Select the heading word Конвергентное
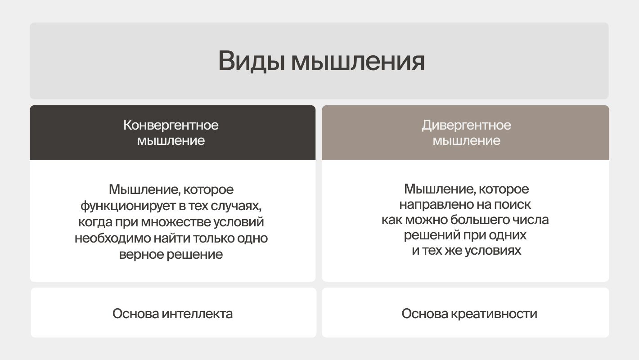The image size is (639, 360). (171, 125)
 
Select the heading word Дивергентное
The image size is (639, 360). (466, 125)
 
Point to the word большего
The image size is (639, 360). (486, 220)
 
